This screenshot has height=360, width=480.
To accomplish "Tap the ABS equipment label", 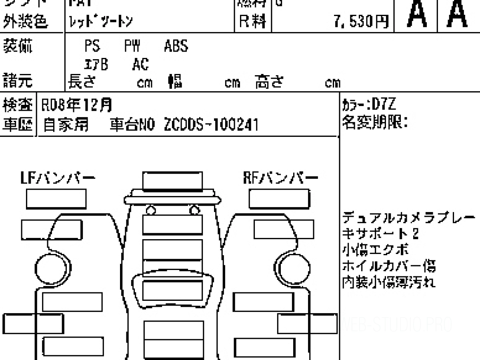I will [176, 46].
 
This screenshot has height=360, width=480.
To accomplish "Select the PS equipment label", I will [92, 46].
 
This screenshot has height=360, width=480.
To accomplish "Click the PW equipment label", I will [132, 46].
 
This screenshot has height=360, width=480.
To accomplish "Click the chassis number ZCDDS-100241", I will [211, 125].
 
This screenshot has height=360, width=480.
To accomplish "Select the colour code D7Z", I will [384, 105].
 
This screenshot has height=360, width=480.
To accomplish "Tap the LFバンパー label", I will [58, 178].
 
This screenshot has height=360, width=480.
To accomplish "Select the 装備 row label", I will [18, 47].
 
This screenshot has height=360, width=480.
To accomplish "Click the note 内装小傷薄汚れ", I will [389, 282].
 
